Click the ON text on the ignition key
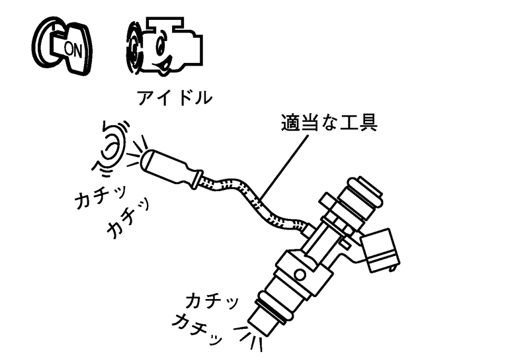click(x=72, y=47)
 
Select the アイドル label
click(x=175, y=99)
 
